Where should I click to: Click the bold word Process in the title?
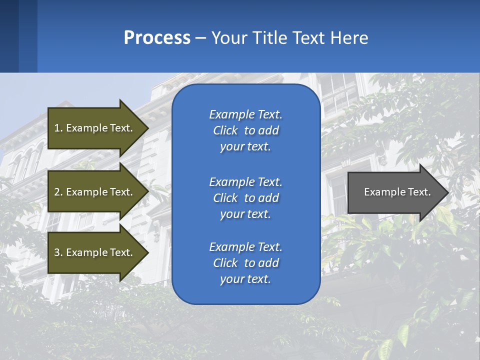pyautogui.click(x=157, y=38)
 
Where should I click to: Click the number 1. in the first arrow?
pyautogui.click(x=58, y=128)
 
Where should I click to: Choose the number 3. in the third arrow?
pyautogui.click(x=58, y=252)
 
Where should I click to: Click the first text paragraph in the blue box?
pyautogui.click(x=245, y=130)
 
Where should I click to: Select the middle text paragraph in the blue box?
pyautogui.click(x=245, y=198)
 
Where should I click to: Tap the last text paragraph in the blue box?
pyautogui.click(x=245, y=263)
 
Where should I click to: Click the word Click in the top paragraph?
pyautogui.click(x=225, y=130)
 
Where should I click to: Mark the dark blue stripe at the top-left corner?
pyautogui.click(x=9, y=36)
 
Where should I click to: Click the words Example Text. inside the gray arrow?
pyautogui.click(x=397, y=192)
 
